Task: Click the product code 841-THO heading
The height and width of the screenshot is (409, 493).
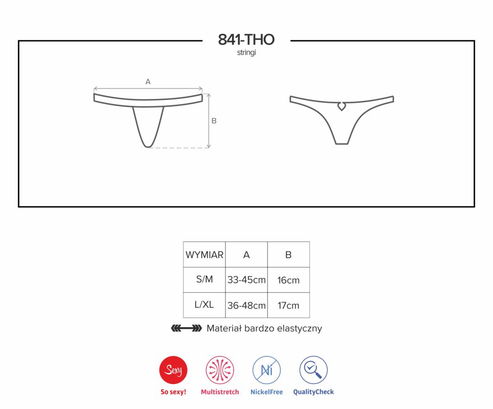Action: coord(246,40)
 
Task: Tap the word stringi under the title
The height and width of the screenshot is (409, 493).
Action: coord(246,52)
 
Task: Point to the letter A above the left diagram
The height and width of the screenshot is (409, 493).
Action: coord(148,82)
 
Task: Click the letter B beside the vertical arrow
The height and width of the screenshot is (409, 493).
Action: coord(214,121)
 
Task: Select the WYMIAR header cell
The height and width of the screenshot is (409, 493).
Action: coord(204,254)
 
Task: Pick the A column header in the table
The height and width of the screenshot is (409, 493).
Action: coord(246,254)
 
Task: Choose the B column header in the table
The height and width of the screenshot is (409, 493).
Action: coord(288,254)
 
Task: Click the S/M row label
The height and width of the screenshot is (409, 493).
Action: coord(204,279)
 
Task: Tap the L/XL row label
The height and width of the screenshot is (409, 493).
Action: coord(204,304)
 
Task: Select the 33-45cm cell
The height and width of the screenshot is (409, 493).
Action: coord(246,280)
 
